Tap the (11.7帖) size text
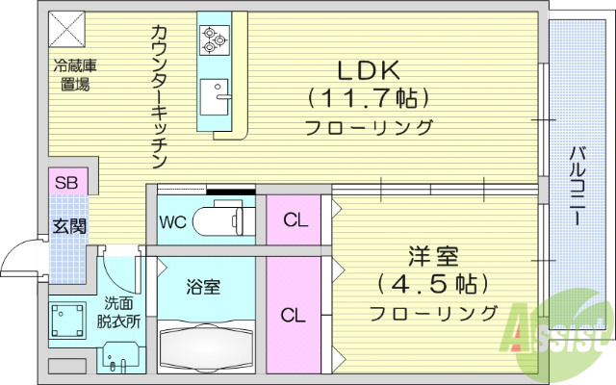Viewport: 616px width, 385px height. click(x=367, y=98)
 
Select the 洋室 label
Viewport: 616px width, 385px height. click(x=434, y=257)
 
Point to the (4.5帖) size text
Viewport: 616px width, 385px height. click(x=434, y=285)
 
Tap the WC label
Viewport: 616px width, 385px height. click(x=173, y=221)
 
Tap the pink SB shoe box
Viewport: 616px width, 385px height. click(x=67, y=182)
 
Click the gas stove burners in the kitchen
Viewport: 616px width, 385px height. click(x=213, y=39)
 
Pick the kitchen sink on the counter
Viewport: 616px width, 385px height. click(x=215, y=96)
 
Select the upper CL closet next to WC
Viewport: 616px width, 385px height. click(x=295, y=220)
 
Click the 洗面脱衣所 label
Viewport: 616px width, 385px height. click(x=119, y=314)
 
